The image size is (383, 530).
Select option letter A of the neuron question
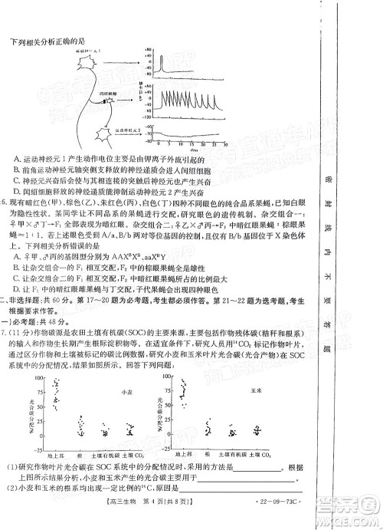pos(17,158)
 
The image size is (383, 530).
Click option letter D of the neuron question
pos(17,190)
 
